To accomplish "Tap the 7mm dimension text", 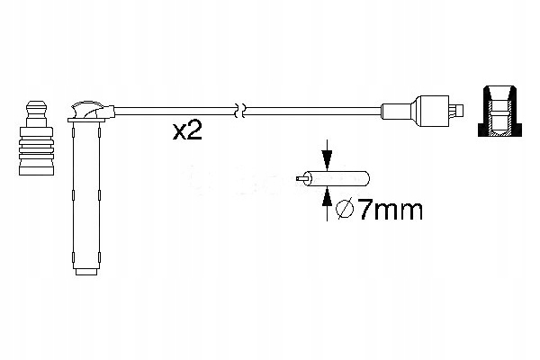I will tap(376, 211).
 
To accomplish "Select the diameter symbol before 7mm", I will tap(343, 212).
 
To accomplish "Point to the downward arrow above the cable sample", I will tap(326, 153).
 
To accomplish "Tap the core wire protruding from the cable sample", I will tap(308, 179).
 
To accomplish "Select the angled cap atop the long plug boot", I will tap(90, 112).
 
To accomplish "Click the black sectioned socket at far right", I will tap(499, 111).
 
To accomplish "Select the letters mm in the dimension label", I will tap(396, 212).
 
